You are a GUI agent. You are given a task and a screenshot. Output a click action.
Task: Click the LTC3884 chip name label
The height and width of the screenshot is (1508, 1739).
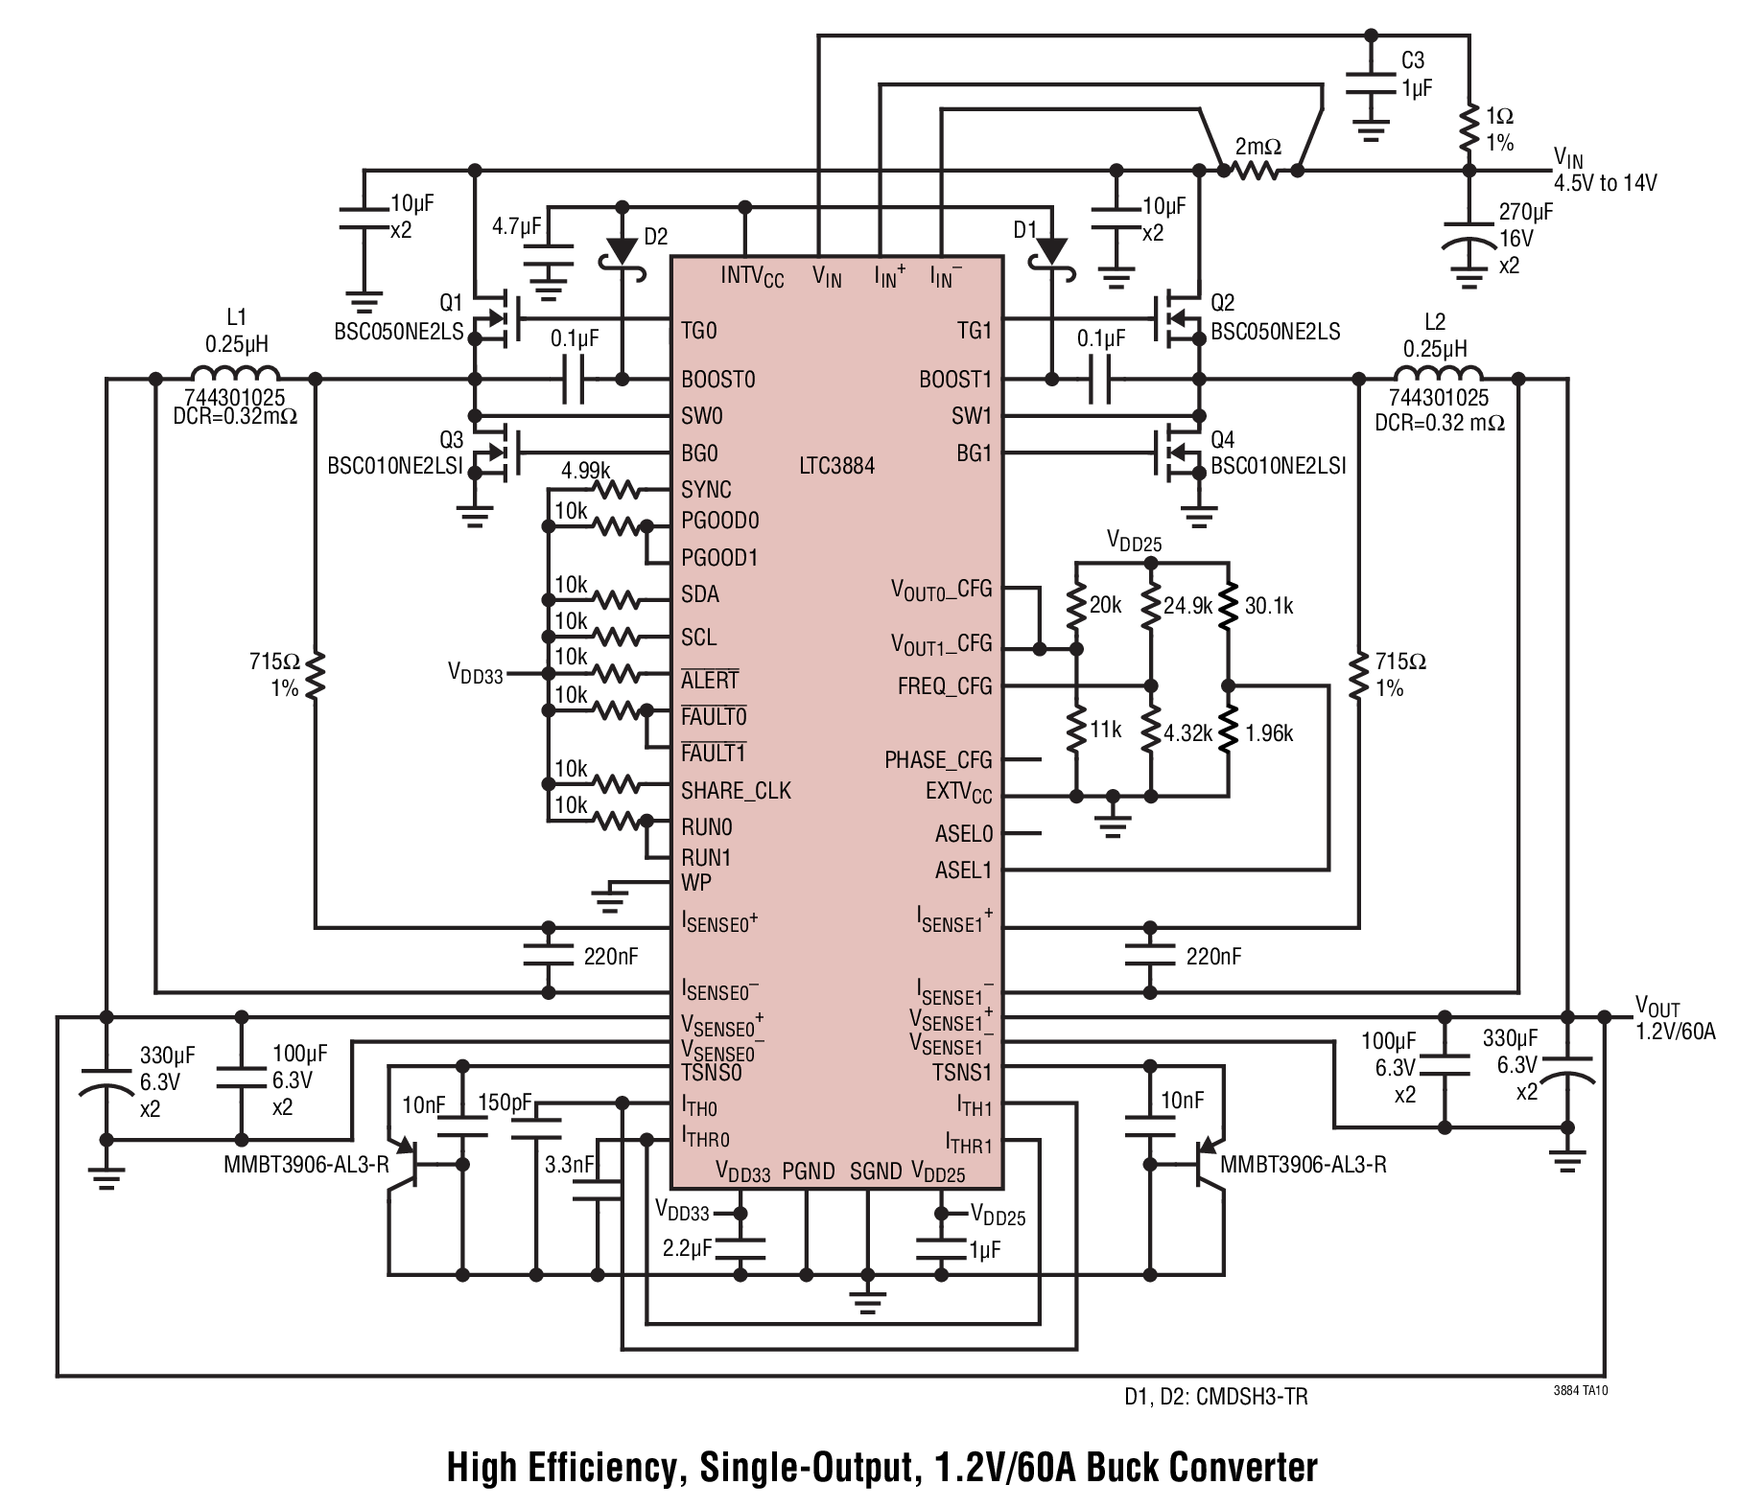(x=836, y=466)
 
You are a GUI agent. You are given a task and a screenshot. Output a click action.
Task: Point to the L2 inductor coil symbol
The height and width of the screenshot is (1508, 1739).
(x=1437, y=373)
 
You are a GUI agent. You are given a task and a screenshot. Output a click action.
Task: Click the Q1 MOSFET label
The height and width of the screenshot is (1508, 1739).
(x=452, y=303)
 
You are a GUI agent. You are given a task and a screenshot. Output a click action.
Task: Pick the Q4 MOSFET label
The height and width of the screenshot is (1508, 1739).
(x=1223, y=440)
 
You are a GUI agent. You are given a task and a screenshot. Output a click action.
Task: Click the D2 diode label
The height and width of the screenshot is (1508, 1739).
(x=656, y=236)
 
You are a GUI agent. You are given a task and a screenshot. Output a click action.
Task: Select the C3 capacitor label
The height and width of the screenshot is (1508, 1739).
(x=1413, y=60)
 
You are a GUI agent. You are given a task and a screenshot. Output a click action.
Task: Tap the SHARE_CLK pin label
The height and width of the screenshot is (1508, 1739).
(x=737, y=791)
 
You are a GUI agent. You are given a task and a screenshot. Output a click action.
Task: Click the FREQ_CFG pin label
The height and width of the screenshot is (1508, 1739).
(x=945, y=687)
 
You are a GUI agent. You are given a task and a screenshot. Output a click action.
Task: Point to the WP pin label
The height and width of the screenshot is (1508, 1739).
(x=696, y=882)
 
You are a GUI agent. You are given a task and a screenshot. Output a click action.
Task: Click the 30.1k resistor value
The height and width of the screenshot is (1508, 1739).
(x=1269, y=606)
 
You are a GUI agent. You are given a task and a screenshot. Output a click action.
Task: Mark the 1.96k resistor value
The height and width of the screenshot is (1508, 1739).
(x=1269, y=733)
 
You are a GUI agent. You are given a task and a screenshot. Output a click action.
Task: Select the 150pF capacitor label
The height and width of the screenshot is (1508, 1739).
(x=505, y=1103)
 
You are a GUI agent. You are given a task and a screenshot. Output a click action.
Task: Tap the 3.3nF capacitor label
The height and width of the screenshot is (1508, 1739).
(x=570, y=1166)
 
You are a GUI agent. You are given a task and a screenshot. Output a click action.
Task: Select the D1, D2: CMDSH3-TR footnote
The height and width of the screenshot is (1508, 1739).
(x=1216, y=1397)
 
